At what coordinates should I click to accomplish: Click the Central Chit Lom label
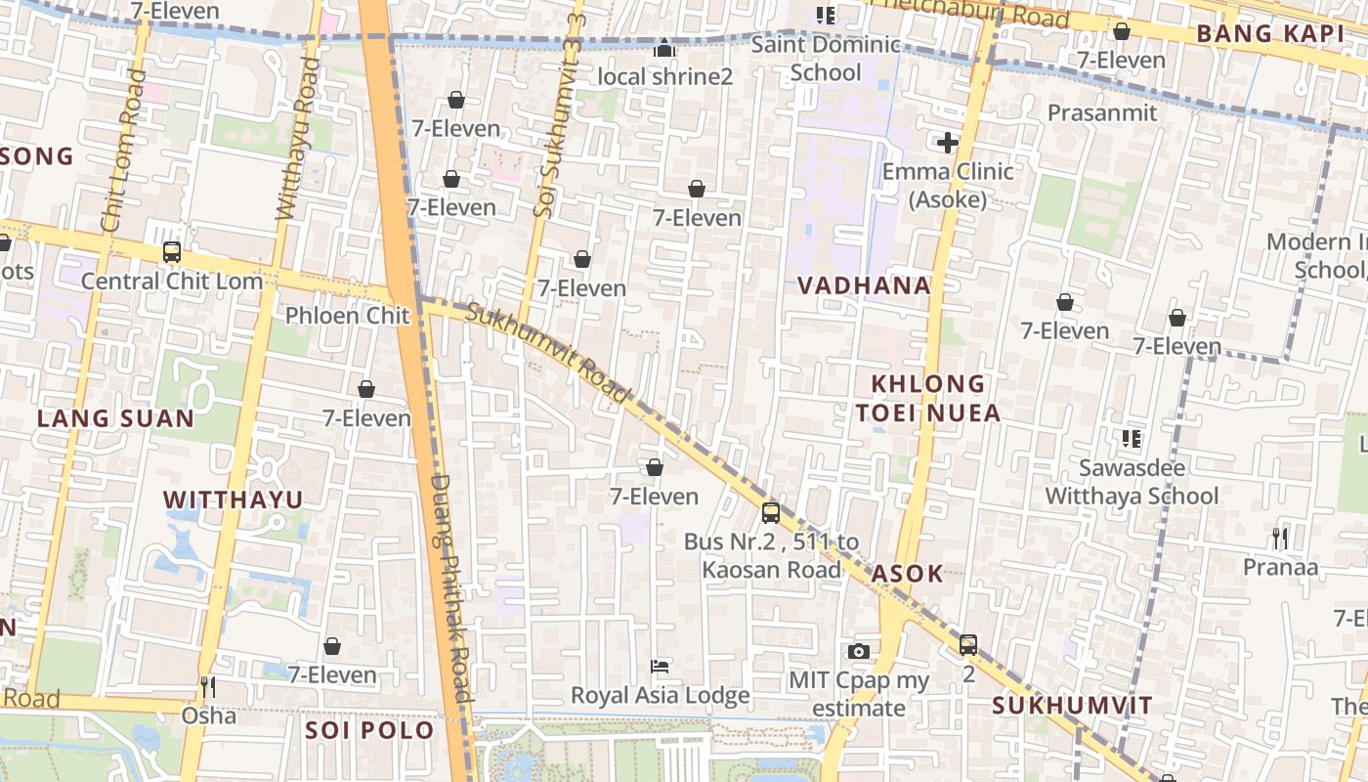[x=172, y=282]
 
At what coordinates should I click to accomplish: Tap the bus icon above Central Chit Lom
[x=172, y=252]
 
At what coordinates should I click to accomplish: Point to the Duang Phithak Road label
[x=450, y=586]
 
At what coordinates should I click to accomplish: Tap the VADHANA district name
[x=864, y=285]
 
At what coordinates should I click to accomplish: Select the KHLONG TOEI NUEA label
[x=928, y=398]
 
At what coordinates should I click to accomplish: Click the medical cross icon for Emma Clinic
[x=947, y=143]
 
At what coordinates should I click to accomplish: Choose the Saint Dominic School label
[x=826, y=59]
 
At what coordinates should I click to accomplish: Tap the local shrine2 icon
[x=664, y=48]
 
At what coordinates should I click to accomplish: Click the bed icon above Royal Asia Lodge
[x=660, y=667]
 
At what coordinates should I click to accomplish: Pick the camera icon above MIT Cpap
[x=859, y=651]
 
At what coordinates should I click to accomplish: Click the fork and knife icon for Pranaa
[x=1280, y=538]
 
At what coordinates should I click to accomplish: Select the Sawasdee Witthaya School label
[x=1133, y=482]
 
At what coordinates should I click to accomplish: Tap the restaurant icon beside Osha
[x=207, y=687]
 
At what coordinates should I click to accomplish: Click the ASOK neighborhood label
[x=908, y=574]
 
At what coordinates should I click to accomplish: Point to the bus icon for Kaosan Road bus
[x=771, y=512]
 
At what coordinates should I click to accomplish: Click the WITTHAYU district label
[x=233, y=500]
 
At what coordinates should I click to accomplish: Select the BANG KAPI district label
[x=1270, y=34]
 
